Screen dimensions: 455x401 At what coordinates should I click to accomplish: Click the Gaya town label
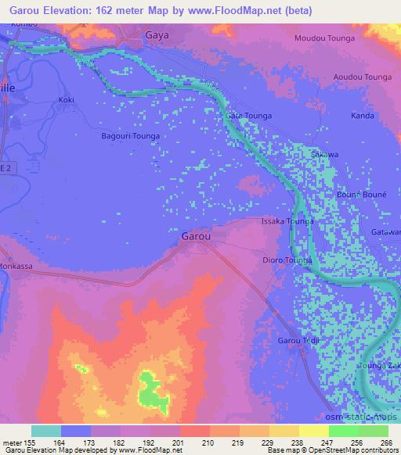tap(158, 35)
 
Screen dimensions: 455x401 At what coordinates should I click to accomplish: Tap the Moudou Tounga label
tap(324, 38)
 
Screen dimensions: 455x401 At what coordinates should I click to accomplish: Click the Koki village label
tap(66, 100)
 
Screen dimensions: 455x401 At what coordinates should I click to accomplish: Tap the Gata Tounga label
tap(248, 116)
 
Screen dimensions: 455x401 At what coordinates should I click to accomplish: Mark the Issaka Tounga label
tap(287, 222)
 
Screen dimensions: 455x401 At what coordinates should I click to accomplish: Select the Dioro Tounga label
tap(287, 260)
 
